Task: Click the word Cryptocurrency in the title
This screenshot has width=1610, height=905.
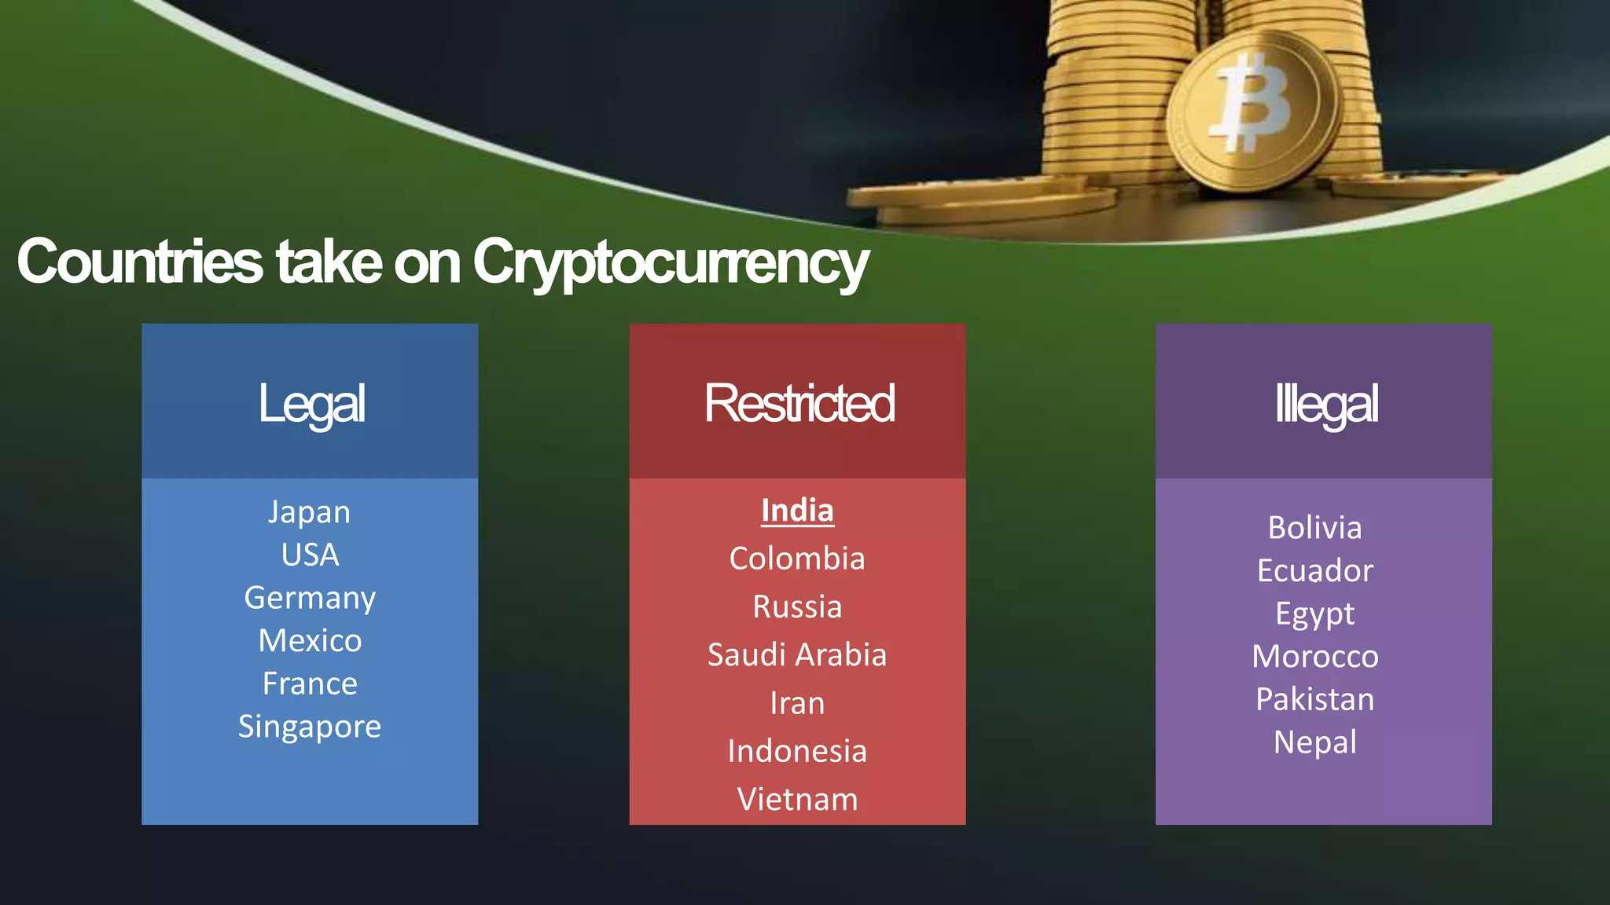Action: click(670, 262)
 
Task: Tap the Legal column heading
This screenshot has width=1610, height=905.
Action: click(311, 404)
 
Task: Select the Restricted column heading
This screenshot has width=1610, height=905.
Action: click(799, 404)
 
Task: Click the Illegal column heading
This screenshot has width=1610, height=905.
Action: click(1325, 404)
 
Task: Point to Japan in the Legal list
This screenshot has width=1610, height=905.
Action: click(309, 512)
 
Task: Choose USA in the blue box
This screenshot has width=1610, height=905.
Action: click(310, 555)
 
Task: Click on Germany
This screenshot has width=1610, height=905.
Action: click(310, 599)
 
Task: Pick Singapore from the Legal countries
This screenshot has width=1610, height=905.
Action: click(310, 727)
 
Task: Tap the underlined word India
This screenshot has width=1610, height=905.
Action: click(797, 511)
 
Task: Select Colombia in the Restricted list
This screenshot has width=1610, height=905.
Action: click(797, 559)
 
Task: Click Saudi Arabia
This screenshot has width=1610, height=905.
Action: click(797, 655)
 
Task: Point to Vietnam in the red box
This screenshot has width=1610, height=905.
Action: click(797, 800)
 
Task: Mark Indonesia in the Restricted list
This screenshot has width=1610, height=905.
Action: click(797, 752)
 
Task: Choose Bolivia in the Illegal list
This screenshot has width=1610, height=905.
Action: click(1314, 528)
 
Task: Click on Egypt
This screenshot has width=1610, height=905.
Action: click(1314, 614)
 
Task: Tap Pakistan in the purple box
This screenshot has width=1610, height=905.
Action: click(1314, 700)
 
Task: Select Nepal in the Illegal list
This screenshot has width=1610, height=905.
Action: click(1314, 743)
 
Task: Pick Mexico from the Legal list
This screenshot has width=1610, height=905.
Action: click(310, 641)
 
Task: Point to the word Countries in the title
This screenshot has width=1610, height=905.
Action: click(140, 262)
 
